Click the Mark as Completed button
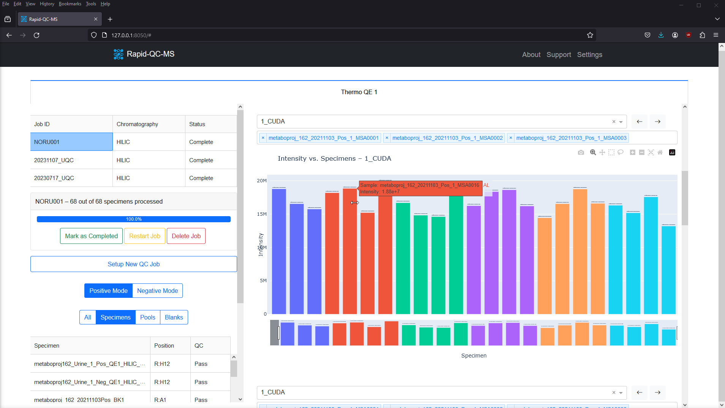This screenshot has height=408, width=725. (91, 236)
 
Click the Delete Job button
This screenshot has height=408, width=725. (186, 236)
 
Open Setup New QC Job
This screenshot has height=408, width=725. (133, 264)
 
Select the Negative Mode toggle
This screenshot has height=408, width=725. (157, 291)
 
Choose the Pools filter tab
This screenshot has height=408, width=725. (147, 317)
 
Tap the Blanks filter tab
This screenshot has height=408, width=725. (174, 317)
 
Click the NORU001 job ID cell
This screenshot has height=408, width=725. (71, 142)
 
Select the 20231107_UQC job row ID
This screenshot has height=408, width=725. (54, 160)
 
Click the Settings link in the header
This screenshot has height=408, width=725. (589, 55)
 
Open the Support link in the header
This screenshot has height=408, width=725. (559, 55)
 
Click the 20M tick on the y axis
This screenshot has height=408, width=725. (262, 180)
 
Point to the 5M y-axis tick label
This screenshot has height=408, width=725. (263, 281)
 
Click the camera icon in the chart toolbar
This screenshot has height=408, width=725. (581, 152)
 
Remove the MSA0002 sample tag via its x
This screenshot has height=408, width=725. (387, 138)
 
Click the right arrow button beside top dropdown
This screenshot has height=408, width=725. (657, 122)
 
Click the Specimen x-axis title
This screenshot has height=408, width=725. (473, 356)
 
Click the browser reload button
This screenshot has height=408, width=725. (36, 35)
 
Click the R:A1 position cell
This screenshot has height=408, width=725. (160, 400)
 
